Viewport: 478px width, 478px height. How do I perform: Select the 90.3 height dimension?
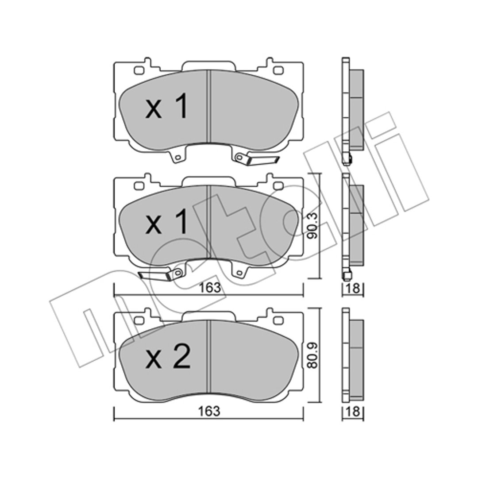(313, 226)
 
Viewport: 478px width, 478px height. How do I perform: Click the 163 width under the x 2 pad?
(209, 411)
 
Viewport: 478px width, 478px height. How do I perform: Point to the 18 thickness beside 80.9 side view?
(353, 412)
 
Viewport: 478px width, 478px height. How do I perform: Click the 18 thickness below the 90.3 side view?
(353, 288)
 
